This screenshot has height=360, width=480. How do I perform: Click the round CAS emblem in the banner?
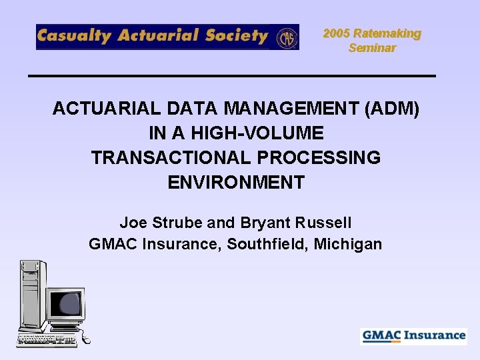pyautogui.click(x=287, y=37)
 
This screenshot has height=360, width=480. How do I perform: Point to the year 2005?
pyautogui.click(x=337, y=33)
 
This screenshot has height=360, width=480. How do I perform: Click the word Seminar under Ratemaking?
pyautogui.click(x=372, y=48)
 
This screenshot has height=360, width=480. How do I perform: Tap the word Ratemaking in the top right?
pyautogui.click(x=387, y=33)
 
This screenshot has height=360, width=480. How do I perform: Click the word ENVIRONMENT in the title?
pyautogui.click(x=236, y=182)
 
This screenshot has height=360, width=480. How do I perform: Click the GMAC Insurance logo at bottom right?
pyautogui.click(x=414, y=335)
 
